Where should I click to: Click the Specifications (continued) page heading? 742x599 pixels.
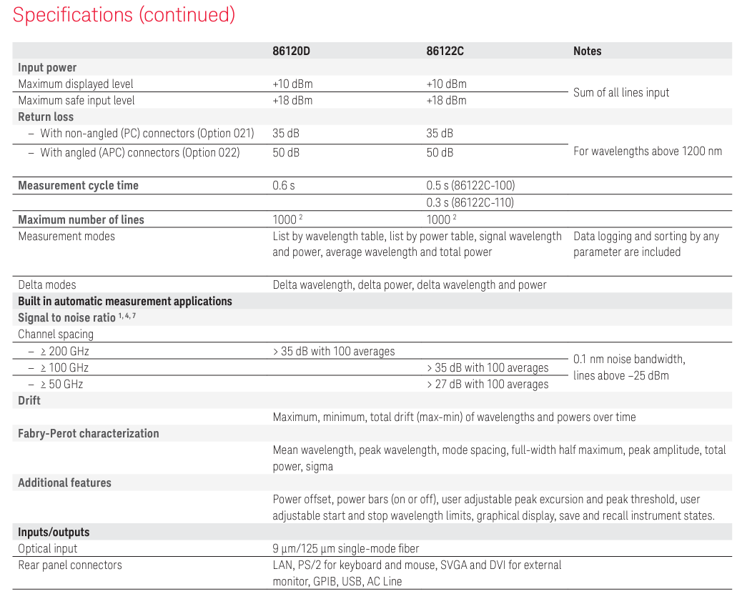(x=124, y=15)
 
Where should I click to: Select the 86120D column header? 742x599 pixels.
(x=292, y=51)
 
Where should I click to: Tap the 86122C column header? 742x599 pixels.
(x=445, y=51)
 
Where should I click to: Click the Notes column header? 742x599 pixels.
(x=587, y=51)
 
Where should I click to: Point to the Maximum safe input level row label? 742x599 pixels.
(x=76, y=101)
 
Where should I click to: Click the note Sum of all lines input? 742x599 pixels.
(x=621, y=92)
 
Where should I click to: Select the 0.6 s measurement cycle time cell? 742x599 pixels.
(x=284, y=186)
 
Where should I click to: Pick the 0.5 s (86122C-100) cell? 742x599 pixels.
(x=470, y=186)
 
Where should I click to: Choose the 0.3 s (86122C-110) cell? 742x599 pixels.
(x=470, y=203)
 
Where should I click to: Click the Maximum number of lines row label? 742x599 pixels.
(x=81, y=220)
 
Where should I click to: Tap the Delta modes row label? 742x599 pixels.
(x=48, y=285)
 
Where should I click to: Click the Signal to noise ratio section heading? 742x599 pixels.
(x=76, y=317)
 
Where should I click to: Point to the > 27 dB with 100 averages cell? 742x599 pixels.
(x=488, y=385)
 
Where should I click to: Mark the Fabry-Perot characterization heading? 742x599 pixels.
(x=89, y=434)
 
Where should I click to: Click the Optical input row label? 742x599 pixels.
(x=48, y=549)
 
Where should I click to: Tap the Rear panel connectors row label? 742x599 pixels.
(x=70, y=565)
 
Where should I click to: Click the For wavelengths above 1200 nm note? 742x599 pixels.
(x=648, y=152)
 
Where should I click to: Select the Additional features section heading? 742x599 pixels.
(x=64, y=483)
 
